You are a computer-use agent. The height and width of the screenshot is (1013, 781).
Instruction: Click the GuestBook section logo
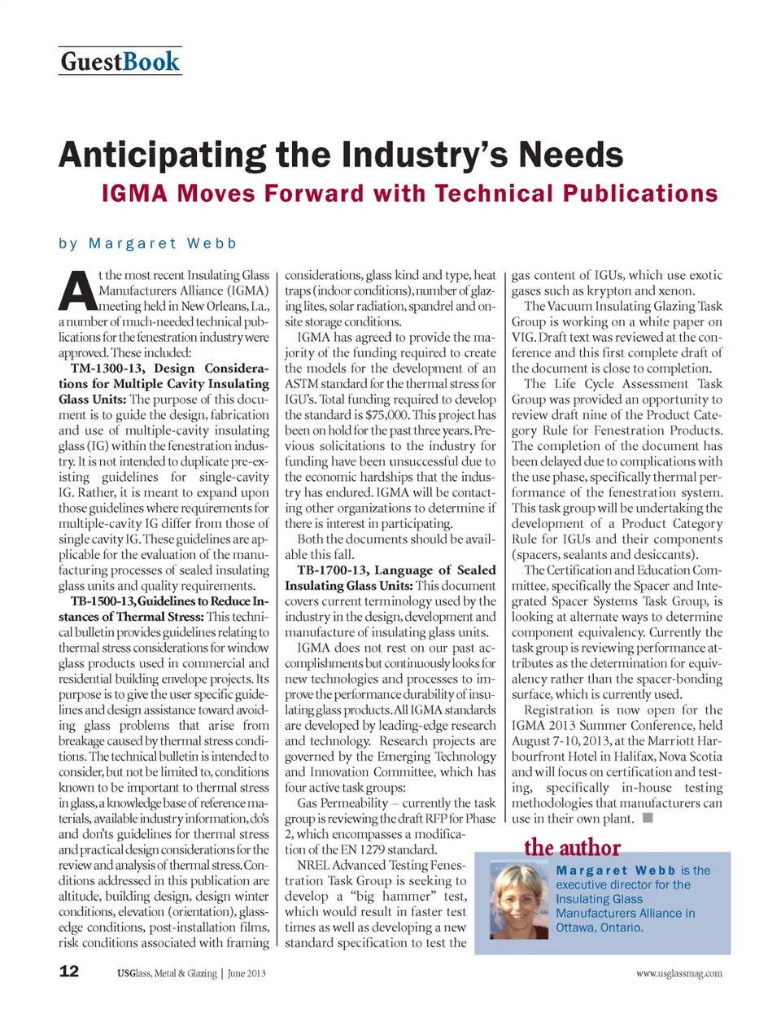click(x=120, y=62)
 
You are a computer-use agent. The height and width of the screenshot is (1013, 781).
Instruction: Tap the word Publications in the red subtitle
click(x=640, y=194)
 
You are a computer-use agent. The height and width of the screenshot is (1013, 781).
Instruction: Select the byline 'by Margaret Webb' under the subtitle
click(x=147, y=243)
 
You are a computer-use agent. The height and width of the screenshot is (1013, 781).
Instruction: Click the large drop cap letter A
click(x=76, y=291)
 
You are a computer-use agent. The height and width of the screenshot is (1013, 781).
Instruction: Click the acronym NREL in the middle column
click(x=315, y=865)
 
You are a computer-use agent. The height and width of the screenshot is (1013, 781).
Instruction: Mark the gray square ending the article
click(x=648, y=818)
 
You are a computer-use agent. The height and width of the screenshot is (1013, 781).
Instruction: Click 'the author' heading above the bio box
click(x=572, y=848)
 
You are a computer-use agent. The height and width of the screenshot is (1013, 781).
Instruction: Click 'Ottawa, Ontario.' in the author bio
click(x=600, y=927)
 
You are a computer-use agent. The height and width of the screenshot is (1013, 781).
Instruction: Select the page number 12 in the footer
click(x=69, y=971)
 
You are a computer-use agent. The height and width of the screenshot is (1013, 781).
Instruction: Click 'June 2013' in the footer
click(x=247, y=973)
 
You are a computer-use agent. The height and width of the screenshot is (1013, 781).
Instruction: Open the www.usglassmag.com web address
click(x=678, y=973)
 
